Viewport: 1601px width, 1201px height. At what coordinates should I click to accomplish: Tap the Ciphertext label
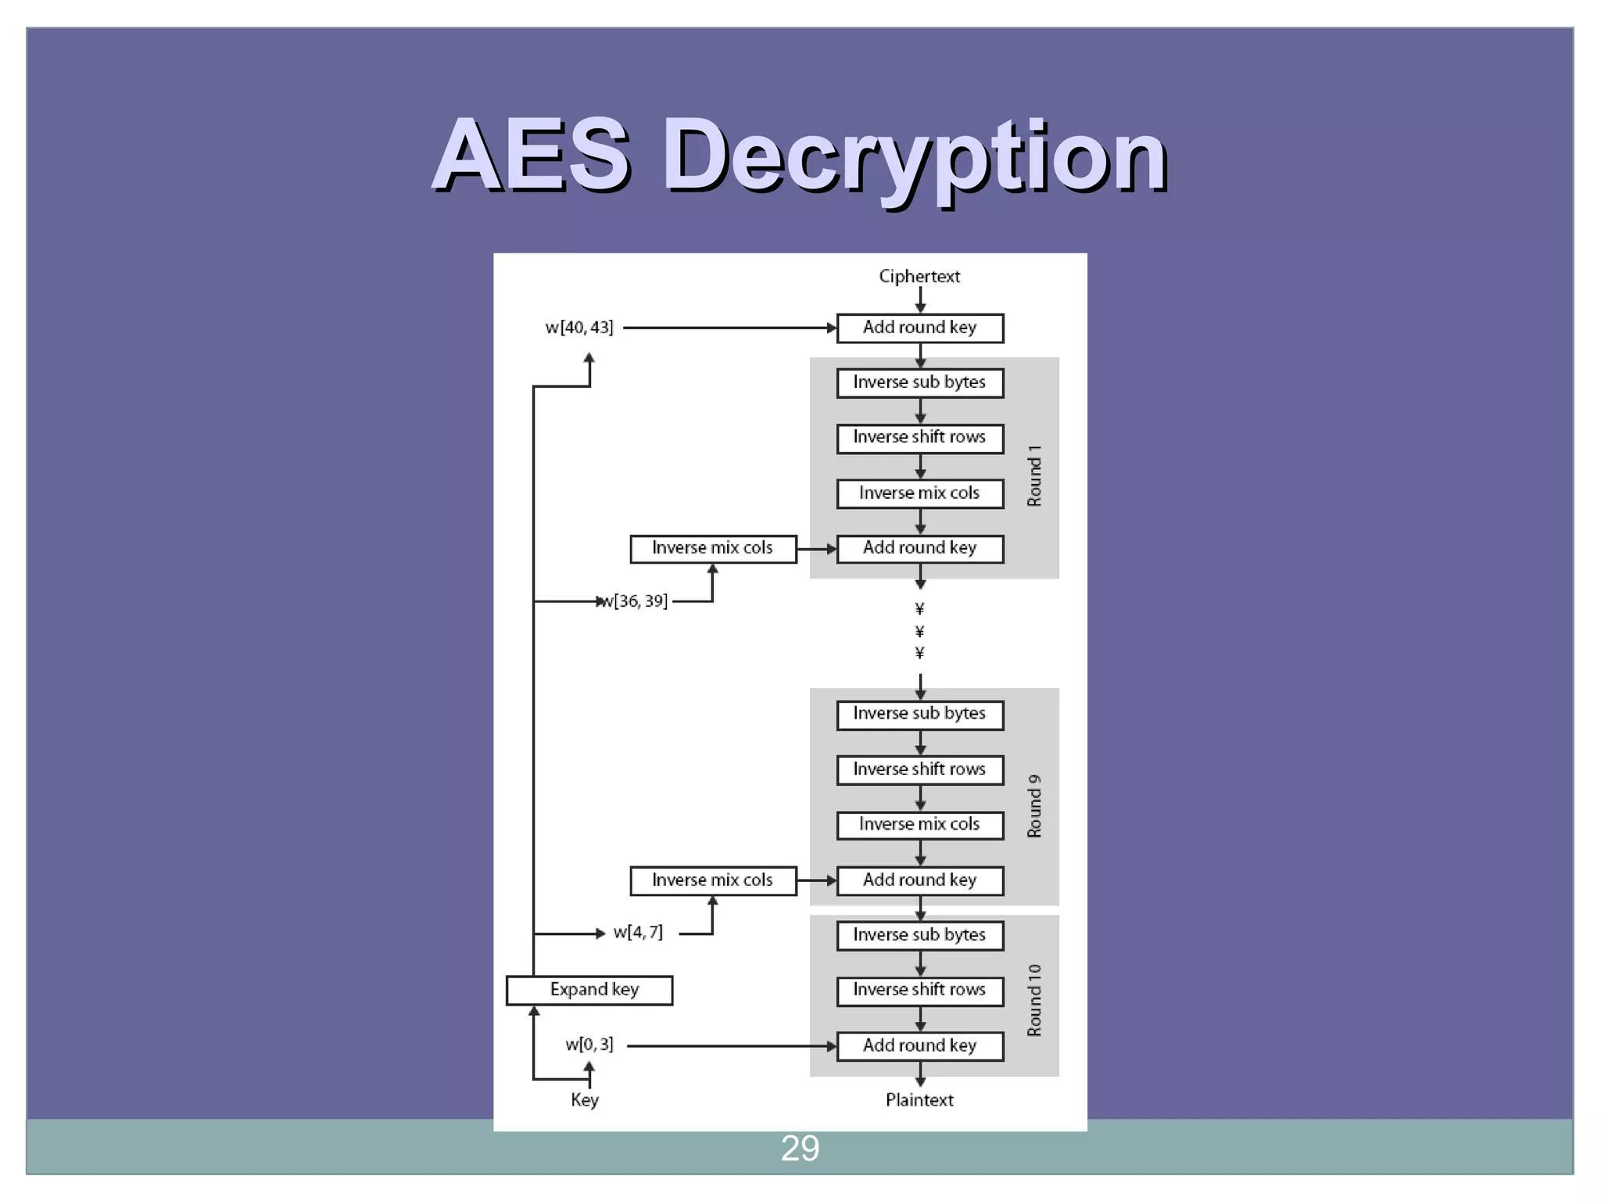[x=919, y=276]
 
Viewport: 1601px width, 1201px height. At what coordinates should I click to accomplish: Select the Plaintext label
[x=919, y=1099]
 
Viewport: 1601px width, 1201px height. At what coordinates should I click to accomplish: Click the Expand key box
[x=589, y=990]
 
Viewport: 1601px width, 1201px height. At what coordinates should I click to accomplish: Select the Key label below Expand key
[x=585, y=1099]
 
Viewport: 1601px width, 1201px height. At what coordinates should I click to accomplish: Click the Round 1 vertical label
[x=1034, y=475]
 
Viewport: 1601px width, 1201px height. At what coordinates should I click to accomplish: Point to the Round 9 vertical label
[x=1034, y=805]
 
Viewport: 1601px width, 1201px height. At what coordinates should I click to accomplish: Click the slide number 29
[x=800, y=1148]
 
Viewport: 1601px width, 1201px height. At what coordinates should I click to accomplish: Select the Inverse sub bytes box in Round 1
[x=920, y=382]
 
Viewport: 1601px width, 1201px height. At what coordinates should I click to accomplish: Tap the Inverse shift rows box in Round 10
[x=920, y=991]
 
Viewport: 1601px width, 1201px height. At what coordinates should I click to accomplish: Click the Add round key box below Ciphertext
[x=920, y=328]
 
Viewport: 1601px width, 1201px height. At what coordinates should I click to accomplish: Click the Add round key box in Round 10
[x=920, y=1045]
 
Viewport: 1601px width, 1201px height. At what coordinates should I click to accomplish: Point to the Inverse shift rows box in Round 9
[x=920, y=769]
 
